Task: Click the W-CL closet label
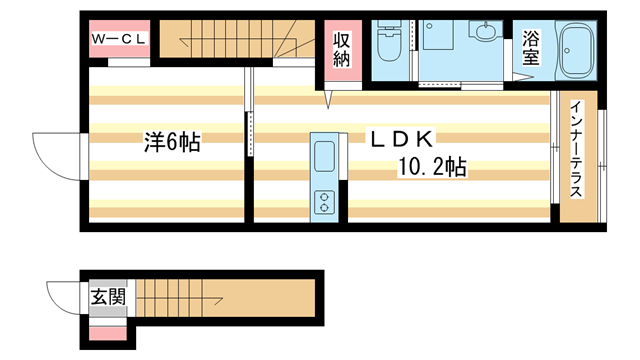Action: [x=120, y=39]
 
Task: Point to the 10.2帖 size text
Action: [x=433, y=166]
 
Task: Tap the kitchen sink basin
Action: [x=326, y=158]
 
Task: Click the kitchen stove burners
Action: [x=326, y=201]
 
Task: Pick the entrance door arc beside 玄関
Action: [x=67, y=297]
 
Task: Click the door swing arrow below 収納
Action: [x=328, y=98]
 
